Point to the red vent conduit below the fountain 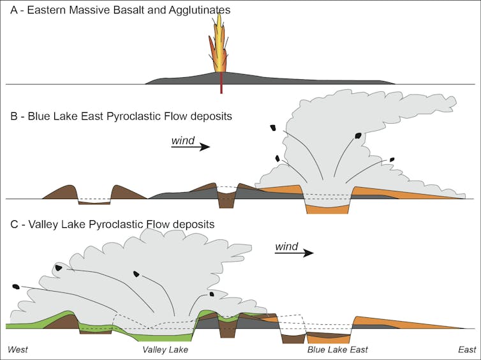coord(221,84)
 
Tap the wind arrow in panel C coord(294,253)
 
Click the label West coord(18,350)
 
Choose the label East coord(466,350)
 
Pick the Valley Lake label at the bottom coord(165,350)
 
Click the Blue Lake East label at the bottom coord(337,350)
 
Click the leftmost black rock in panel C coord(16,287)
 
